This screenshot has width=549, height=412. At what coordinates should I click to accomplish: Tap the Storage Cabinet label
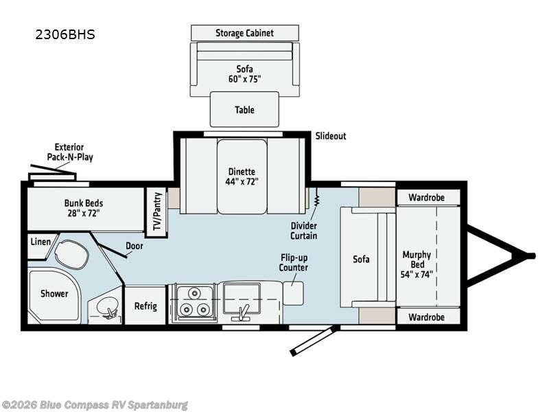pos(244,33)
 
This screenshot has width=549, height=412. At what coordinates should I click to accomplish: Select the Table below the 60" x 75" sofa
pos(244,109)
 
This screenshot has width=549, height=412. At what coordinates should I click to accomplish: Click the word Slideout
pos(331,136)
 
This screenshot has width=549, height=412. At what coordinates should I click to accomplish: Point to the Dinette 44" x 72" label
pos(242,177)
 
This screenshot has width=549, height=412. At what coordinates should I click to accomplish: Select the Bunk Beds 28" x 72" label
pos(83,207)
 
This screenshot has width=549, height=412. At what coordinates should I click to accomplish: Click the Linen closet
pos(38,242)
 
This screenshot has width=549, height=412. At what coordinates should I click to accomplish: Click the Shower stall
pos(54,294)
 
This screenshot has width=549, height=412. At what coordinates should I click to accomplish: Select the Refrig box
pos(145,306)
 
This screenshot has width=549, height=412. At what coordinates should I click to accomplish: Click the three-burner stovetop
pos(193,303)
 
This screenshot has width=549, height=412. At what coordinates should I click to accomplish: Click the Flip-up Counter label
pos(293,263)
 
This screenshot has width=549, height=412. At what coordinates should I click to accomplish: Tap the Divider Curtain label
pos(303,230)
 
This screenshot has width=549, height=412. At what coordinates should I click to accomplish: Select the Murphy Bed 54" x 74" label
pos(417,264)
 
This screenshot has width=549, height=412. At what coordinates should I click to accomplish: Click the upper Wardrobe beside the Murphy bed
pos(426,197)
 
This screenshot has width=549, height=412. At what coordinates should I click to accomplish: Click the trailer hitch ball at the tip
pos(531,256)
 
